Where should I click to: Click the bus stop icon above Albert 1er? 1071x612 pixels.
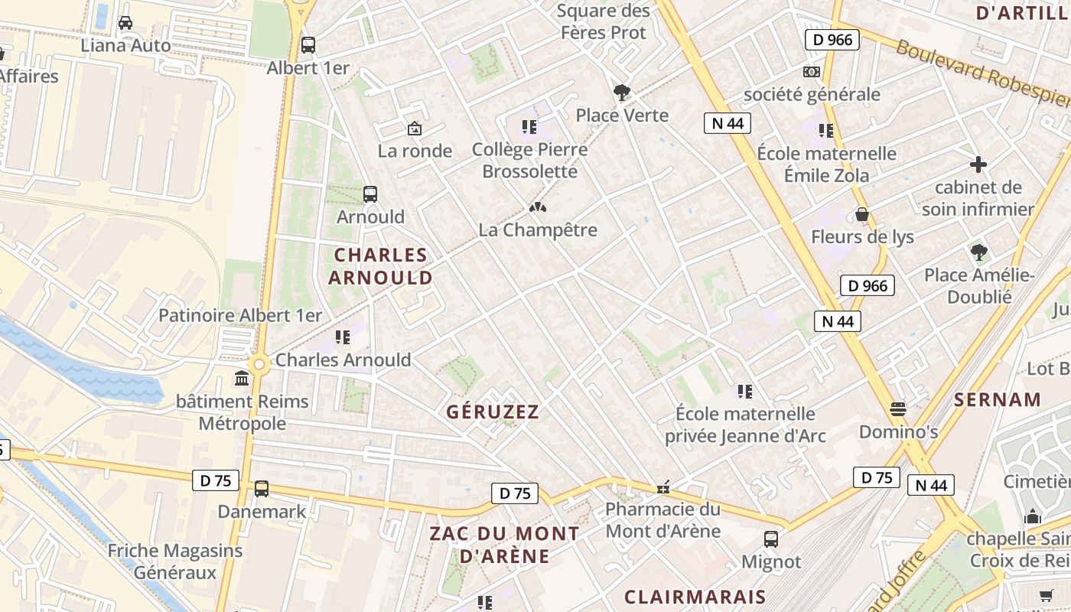[308, 45]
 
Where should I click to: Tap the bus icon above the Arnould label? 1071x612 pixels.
[370, 194]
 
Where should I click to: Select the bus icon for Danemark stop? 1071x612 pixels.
[262, 489]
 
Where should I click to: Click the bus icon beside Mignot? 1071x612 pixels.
[771, 539]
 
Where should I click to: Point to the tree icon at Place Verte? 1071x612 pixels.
[622, 93]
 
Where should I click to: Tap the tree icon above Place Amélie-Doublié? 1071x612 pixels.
[978, 252]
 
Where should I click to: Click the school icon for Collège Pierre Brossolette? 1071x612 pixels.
[529, 126]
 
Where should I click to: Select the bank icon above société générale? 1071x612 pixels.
[812, 72]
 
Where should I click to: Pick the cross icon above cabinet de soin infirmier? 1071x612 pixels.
[978, 164]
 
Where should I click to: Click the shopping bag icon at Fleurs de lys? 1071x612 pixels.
[862, 214]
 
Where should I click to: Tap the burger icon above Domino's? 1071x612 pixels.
[898, 409]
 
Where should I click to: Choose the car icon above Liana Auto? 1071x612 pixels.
[125, 23]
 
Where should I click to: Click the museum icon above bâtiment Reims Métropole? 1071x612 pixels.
[243, 379]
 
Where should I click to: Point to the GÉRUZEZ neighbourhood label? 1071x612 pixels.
[493, 412]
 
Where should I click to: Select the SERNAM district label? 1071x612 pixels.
[998, 399]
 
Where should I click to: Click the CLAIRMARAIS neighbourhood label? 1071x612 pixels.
[695, 597]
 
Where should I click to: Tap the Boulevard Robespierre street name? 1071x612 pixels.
[983, 73]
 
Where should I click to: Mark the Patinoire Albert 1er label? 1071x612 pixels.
[240, 315]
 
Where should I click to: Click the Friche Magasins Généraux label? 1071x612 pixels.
[175, 562]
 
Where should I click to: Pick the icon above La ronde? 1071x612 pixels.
[415, 129]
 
